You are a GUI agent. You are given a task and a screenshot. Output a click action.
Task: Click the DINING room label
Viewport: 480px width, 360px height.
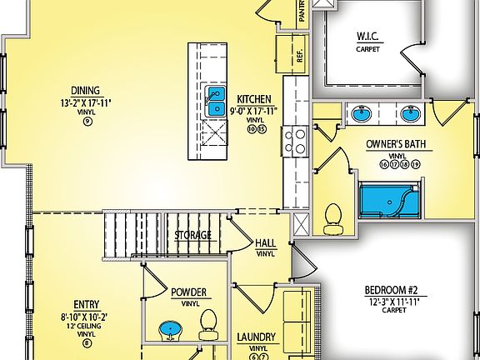pos(86,91)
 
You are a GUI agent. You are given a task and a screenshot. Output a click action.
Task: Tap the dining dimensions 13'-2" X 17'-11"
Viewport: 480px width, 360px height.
pos(86,102)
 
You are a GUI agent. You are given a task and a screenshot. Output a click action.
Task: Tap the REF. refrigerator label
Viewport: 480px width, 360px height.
pos(298,56)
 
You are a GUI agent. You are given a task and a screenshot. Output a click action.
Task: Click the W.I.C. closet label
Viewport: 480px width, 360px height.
pos(369,37)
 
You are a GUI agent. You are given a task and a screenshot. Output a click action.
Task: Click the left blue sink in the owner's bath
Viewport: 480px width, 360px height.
pos(362,112)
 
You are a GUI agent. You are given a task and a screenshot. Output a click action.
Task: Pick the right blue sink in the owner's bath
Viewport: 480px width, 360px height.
pos(408,112)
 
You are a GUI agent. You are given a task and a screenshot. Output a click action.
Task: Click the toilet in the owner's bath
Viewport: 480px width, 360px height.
pos(332,216)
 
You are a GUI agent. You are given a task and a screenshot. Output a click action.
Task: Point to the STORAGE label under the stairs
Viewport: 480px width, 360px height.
pos(192,235)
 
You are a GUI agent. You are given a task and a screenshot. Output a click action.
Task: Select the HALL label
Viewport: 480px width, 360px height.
pos(266,242)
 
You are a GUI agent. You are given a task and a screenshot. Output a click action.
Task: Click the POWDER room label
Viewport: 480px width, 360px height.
pos(188,292)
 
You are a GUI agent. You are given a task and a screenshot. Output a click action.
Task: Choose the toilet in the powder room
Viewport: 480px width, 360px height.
pos(209,321)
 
